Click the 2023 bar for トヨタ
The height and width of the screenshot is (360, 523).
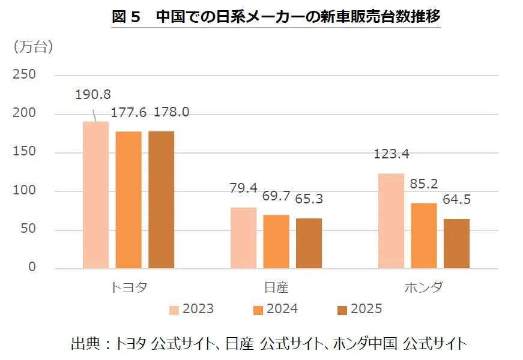pyautogui.click(x=95, y=195)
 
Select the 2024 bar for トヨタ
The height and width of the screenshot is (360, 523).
pyautogui.click(x=128, y=200)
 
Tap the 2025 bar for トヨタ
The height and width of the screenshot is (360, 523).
pyautogui.click(x=161, y=200)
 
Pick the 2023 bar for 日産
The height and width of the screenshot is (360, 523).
pyautogui.click(x=244, y=238)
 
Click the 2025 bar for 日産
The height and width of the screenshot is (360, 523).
pyautogui.click(x=309, y=243)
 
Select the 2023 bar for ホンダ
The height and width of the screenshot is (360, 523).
pyautogui.click(x=391, y=221)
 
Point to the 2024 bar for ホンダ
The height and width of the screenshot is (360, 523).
pyautogui.click(x=424, y=236)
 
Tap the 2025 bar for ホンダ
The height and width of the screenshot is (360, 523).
pyautogui.click(x=456, y=244)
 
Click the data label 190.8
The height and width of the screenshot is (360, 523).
pyautogui.click(x=92, y=95)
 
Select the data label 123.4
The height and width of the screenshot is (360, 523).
pyautogui.click(x=390, y=154)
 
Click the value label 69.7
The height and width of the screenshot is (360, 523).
pyautogui.click(x=276, y=195)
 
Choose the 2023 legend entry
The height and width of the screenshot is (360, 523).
pyautogui.click(x=192, y=310)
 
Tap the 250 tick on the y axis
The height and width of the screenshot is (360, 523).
pyautogui.click(x=25, y=75)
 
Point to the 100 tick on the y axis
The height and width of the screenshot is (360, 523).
pyautogui.click(x=25, y=191)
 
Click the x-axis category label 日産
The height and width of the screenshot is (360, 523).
pyautogui.click(x=276, y=287)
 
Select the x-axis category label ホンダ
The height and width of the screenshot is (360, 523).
pyautogui.click(x=424, y=287)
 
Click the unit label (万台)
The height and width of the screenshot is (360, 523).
pyautogui.click(x=33, y=47)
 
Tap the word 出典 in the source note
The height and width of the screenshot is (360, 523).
pyautogui.click(x=83, y=344)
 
